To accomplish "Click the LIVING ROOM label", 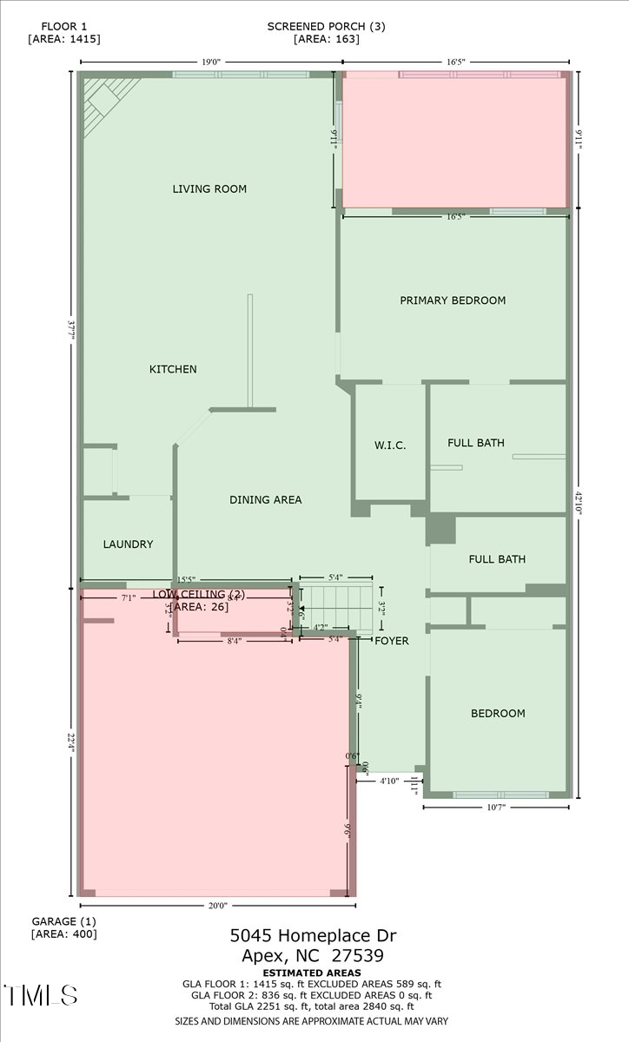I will pyautogui.click(x=209, y=188).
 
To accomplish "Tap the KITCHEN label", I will pyautogui.click(x=173, y=369).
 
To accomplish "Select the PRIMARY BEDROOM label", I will pyautogui.click(x=453, y=300).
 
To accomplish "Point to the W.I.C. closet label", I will pyautogui.click(x=390, y=445).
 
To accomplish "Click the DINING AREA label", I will pyautogui.click(x=266, y=499).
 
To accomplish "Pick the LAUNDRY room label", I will pyautogui.click(x=128, y=544).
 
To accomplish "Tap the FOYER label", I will pyautogui.click(x=392, y=641).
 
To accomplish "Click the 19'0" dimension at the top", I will pyautogui.click(x=211, y=62).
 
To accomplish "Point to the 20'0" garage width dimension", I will pyautogui.click(x=217, y=906).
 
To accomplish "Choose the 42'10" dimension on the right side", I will pyautogui.click(x=579, y=503).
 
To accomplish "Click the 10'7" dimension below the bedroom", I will pyautogui.click(x=497, y=808).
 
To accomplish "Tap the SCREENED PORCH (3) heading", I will pyautogui.click(x=326, y=26).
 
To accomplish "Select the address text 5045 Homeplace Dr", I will pyautogui.click(x=313, y=936).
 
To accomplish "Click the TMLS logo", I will pyautogui.click(x=40, y=995).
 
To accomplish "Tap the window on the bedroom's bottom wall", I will pyautogui.click(x=500, y=795).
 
